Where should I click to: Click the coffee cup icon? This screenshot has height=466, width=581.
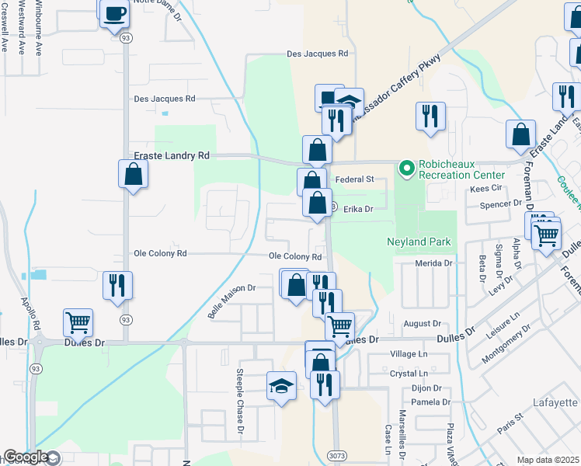click(115, 13)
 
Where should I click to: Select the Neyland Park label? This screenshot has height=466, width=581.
click(419, 242)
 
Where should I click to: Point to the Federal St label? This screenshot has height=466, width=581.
click(355, 179)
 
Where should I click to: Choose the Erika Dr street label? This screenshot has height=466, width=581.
click(358, 209)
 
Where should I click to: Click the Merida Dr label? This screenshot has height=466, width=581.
click(433, 263)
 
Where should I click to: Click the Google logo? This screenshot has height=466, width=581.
click(26, 457)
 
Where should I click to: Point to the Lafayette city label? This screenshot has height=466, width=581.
click(556, 402)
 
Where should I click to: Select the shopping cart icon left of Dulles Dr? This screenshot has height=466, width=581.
click(78, 322)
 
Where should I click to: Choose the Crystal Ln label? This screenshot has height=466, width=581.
click(408, 374)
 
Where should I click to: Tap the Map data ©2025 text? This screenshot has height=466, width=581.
click(548, 460)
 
